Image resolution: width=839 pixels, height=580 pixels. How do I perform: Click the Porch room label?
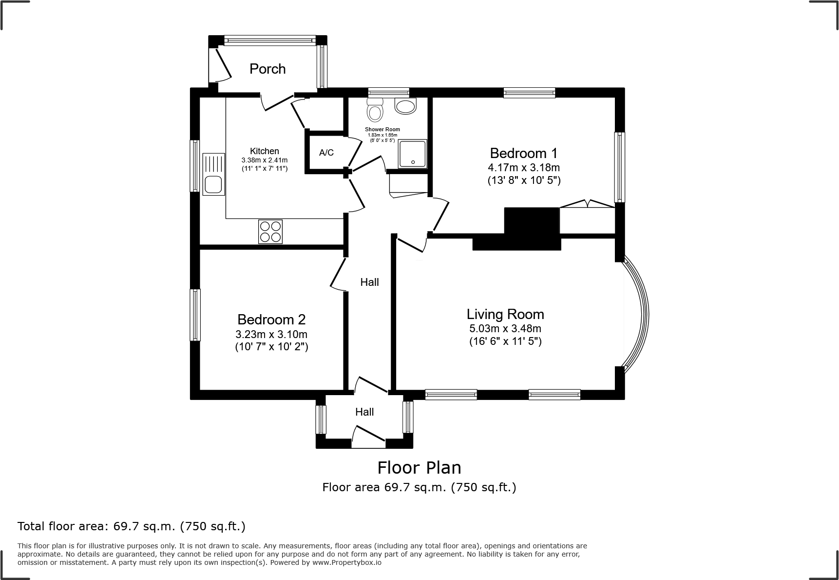(x=267, y=69)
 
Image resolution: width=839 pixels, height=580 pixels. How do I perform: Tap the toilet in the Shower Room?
(x=375, y=111)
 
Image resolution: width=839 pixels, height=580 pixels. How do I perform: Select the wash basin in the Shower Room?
(x=405, y=106)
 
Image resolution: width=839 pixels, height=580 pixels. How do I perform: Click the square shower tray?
(x=413, y=154)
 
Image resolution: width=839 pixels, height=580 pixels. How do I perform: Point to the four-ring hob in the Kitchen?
(x=270, y=232)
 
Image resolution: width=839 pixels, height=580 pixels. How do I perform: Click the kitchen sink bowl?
(x=213, y=184)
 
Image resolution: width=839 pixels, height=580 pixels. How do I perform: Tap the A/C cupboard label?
(x=326, y=153)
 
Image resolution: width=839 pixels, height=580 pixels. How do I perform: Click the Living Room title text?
(x=505, y=314)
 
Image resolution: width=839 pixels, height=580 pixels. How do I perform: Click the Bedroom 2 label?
(x=271, y=320)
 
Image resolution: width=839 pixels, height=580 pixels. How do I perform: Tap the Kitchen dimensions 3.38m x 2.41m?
(x=265, y=160)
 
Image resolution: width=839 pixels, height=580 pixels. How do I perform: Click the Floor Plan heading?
(x=419, y=468)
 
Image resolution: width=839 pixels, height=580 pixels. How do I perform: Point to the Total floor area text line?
(x=132, y=526)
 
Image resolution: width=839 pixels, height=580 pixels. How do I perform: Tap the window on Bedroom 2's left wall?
(x=195, y=315)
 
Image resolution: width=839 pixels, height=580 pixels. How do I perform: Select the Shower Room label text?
(x=382, y=129)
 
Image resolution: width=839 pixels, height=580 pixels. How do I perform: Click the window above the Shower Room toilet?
(x=388, y=92)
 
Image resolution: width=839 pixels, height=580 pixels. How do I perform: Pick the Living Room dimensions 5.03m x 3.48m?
(x=505, y=328)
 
